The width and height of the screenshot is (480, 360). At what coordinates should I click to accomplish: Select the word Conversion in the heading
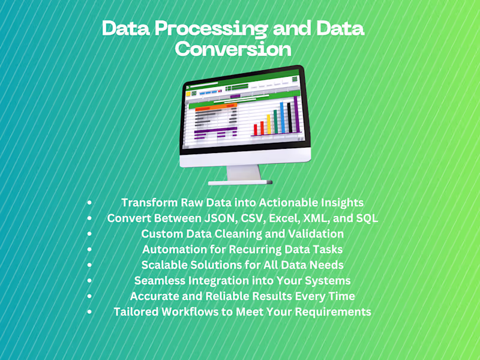click(233, 49)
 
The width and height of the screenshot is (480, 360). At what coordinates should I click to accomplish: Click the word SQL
click(367, 218)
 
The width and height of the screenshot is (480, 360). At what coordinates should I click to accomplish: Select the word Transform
click(149, 203)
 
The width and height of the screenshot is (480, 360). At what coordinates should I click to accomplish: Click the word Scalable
click(164, 265)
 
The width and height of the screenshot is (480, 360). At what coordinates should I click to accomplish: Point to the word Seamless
click(160, 281)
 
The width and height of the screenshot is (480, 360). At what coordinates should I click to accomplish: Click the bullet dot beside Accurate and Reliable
click(89, 296)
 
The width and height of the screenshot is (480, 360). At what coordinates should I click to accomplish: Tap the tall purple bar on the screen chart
click(296, 114)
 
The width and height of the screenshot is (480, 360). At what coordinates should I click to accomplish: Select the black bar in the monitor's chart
click(290, 118)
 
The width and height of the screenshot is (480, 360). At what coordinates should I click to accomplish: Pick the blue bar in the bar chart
click(282, 118)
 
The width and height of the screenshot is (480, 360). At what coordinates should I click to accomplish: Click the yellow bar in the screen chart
click(269, 124)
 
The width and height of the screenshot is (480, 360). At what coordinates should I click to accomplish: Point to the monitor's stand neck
click(244, 173)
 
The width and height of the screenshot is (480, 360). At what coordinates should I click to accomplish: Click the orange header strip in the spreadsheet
click(216, 107)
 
